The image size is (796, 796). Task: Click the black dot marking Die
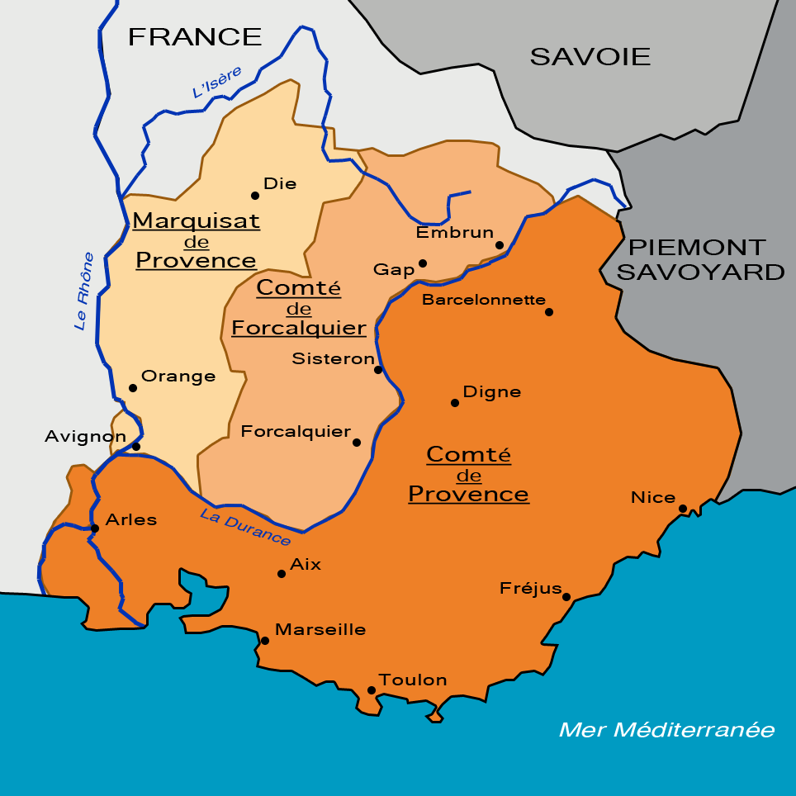(x=255, y=196)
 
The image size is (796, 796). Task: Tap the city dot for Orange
(x=132, y=388)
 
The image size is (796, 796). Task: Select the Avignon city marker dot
(x=136, y=447)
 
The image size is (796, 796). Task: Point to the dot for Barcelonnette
(x=549, y=312)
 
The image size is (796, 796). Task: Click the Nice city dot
(x=683, y=509)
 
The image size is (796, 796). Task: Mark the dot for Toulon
(x=372, y=690)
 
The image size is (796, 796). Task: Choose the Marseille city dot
(x=265, y=641)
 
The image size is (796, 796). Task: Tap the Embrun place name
(x=454, y=233)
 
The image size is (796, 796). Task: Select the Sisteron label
(x=333, y=358)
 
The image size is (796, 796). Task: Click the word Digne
(x=492, y=391)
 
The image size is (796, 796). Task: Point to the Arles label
(x=131, y=520)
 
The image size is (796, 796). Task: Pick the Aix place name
(x=306, y=565)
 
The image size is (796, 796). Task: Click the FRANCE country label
(x=195, y=36)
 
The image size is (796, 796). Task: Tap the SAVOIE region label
(x=590, y=56)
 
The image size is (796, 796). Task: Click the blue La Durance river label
(x=245, y=527)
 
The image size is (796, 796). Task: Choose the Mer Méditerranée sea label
(x=666, y=730)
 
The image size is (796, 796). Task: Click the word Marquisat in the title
(x=196, y=221)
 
